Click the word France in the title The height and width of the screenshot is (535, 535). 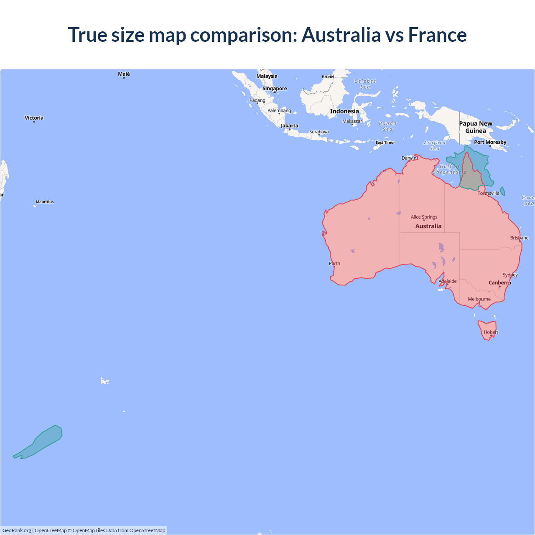coord(437,35)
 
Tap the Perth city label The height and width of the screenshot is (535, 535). coord(334,263)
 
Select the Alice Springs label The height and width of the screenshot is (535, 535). coord(424,217)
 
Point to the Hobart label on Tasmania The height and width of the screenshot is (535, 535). coord(491,332)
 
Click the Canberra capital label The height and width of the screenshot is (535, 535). coord(499,283)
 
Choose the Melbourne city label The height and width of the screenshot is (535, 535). coord(479,299)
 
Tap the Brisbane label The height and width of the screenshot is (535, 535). coord(519,238)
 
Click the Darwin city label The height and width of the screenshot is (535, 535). coord(409,158)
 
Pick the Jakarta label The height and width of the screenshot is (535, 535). coord(289,126)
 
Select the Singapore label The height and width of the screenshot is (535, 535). coord(275,89)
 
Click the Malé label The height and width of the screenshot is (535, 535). coord(124,74)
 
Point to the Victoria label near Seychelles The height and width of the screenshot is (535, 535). coord(34,118)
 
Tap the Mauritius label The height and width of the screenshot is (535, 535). coord(45,202)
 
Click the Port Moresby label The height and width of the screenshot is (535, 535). coord(490,142)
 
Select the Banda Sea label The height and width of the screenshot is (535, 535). coord(387,126)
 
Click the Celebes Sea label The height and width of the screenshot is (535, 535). coord(365,84)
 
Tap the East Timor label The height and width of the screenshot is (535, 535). coord(385,143)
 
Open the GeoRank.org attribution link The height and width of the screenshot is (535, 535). coord(17,530)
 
